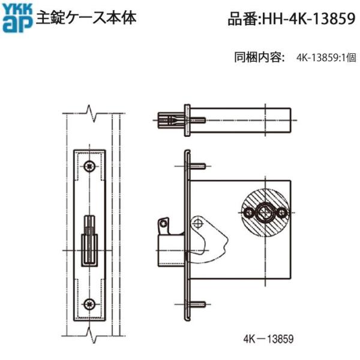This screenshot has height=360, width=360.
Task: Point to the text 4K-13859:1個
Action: (326, 59)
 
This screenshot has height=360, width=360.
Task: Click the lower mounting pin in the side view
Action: (199, 304)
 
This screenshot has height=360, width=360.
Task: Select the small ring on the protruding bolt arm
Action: (163, 223)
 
